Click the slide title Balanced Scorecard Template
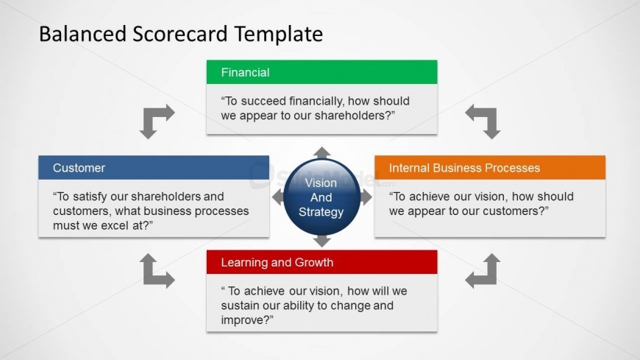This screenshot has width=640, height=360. [181, 35]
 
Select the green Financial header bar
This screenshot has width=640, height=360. [321, 72]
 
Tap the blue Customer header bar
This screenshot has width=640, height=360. [154, 168]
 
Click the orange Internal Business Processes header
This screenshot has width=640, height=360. [490, 168]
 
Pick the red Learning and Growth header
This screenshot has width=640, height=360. [321, 262]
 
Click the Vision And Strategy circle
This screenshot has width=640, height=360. [321, 197]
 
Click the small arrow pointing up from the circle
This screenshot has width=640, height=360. [322, 152]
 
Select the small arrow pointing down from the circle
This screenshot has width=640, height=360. [322, 241]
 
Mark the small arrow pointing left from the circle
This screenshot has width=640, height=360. [278, 197]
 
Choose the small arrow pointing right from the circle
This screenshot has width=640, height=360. [366, 197]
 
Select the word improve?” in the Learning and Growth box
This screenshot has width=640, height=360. [247, 320]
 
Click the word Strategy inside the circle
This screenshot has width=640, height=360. [321, 212]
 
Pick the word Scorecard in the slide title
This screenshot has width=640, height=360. [179, 34]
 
